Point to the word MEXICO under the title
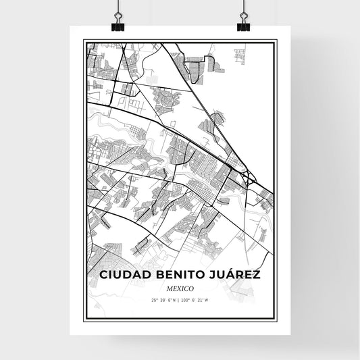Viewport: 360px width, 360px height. click(180, 288)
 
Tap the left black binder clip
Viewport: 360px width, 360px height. click(118, 24)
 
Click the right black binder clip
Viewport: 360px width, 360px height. click(242, 24)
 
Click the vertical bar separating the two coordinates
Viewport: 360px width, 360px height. click(180, 301)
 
